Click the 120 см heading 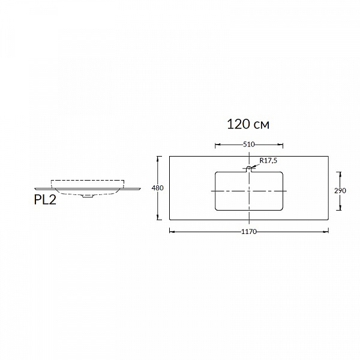pos(248,124)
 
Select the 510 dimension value pos(249,145)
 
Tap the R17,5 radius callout pos(268,160)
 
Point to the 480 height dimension pos(157,188)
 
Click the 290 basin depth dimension pos(340,191)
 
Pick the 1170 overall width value pos(249,232)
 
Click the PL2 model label pos(45,200)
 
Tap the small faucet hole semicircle pos(249,168)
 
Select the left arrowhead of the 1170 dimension pos(172,232)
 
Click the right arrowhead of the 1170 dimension pos(326,232)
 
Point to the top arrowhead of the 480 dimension pos(157,159)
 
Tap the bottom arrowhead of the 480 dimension pos(157,217)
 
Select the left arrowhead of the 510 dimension pos(218,145)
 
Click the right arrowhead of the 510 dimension pos(280,145)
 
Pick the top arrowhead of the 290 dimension pos(340,175)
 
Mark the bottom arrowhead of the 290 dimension pos(340,208)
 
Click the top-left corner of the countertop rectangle pos(169,157)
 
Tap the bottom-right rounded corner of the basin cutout pos(281,209)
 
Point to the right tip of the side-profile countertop pos(140,188)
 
